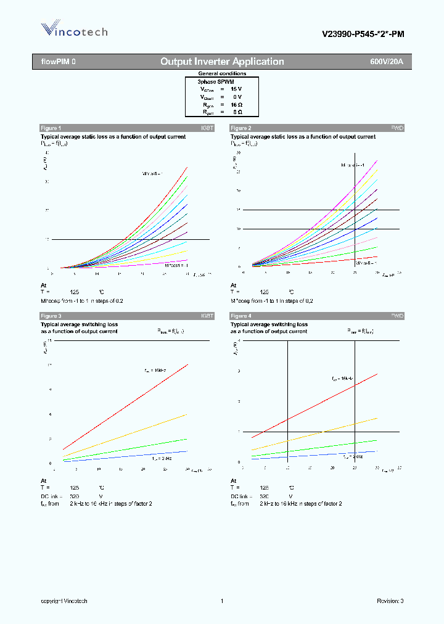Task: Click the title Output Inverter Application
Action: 222,62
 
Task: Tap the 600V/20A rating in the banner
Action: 386,62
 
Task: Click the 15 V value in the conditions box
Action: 236,89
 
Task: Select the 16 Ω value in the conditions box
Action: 236,105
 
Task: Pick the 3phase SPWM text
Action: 215,81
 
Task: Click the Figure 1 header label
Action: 51,128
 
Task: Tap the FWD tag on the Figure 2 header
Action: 397,128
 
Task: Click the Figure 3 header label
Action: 51,316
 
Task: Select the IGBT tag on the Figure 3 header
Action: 207,316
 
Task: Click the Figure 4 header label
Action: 240,316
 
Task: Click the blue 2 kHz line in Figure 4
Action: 321,454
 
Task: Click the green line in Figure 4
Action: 321,448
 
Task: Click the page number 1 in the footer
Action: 221,601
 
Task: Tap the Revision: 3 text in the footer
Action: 390,601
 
